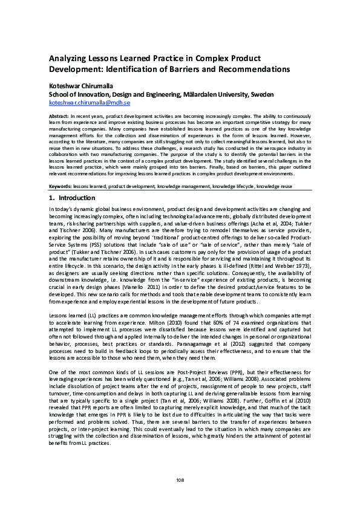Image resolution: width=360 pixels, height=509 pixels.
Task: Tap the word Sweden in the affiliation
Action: click(x=261, y=95)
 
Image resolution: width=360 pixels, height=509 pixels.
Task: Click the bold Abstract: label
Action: click(x=59, y=115)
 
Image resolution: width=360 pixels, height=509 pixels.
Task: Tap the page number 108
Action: click(x=180, y=479)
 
